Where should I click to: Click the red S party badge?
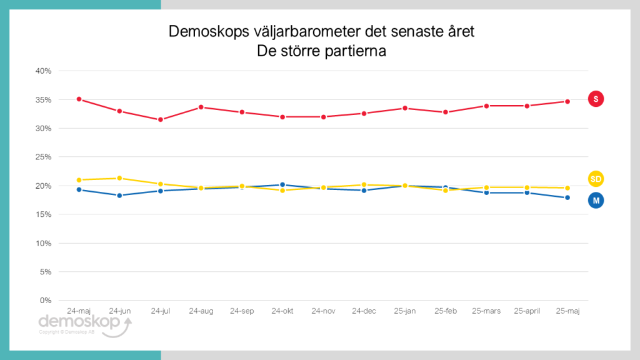coord(596,99)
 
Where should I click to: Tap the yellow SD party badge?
coord(596,179)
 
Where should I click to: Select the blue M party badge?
coord(596,200)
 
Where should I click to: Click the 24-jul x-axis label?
coord(161,311)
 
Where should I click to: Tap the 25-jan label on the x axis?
coord(405,311)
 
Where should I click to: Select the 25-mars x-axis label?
coord(486,311)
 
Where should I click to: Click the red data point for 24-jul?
coord(161,119)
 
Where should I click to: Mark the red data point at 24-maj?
coord(79,99)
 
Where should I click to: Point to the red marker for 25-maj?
coord(567,101)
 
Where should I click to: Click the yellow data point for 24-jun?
coord(119,178)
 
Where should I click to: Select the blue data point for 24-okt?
coord(282,185)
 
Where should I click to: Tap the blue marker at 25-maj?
coord(567,197)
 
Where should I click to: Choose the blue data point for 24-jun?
coord(119,196)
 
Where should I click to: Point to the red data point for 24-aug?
coord(201,107)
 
